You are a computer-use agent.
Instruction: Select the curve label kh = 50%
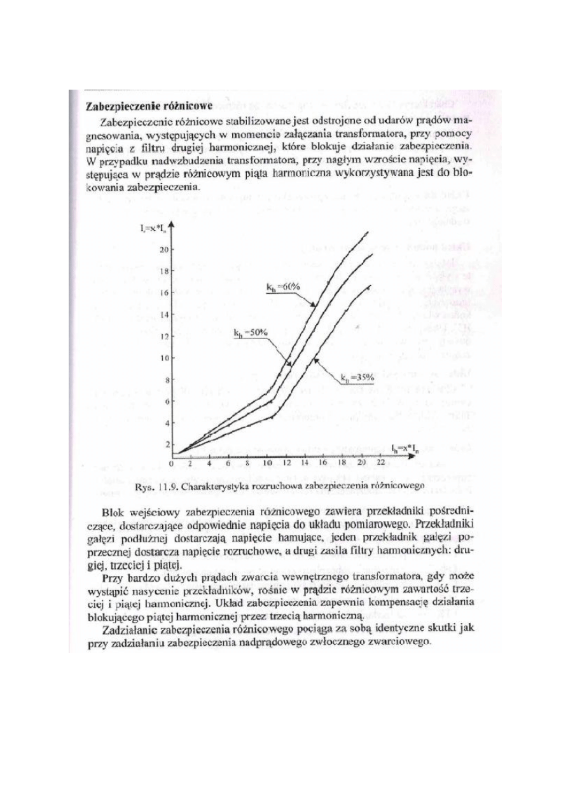pos(250,332)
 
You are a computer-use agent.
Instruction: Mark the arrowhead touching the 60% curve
pos(314,306)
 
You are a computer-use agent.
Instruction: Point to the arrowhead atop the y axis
pos(172,223)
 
